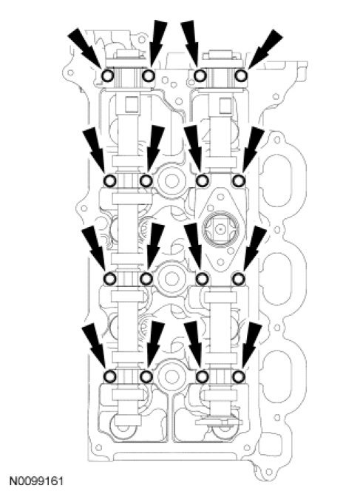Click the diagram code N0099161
pos(36,481)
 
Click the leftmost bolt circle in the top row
pos(109,75)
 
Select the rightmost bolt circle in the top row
pos(242,75)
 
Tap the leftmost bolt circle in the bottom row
pos(110,376)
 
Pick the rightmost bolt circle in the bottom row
pos(239,376)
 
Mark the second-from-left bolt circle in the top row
pos(149,75)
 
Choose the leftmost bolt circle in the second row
pos(110,181)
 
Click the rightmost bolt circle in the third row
pos(239,279)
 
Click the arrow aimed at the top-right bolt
pos(265,49)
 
